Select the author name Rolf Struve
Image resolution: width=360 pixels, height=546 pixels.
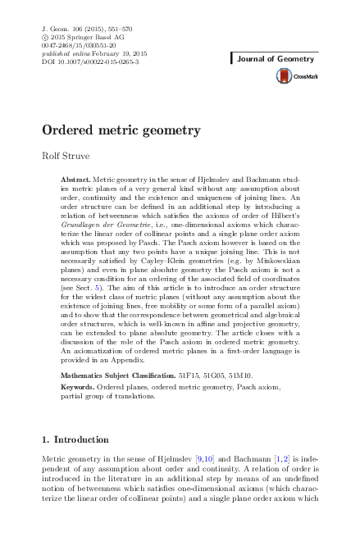(x=64, y=157)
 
